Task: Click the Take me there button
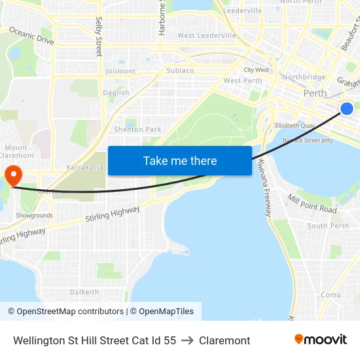click(x=180, y=161)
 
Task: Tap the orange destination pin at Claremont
click(x=12, y=175)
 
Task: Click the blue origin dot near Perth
click(x=347, y=109)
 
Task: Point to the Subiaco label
click(x=180, y=70)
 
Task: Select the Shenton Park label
click(x=137, y=130)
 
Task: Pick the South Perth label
click(x=328, y=226)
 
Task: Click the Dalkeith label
click(x=84, y=292)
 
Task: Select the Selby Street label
click(x=99, y=37)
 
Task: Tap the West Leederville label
click(x=206, y=35)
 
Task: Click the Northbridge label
click(x=303, y=77)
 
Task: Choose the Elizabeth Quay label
click(x=295, y=125)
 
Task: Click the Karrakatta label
click(x=85, y=168)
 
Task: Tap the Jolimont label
click(x=120, y=71)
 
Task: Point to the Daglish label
click(x=117, y=93)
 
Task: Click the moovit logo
click(x=321, y=340)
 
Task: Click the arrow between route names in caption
click(x=187, y=340)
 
